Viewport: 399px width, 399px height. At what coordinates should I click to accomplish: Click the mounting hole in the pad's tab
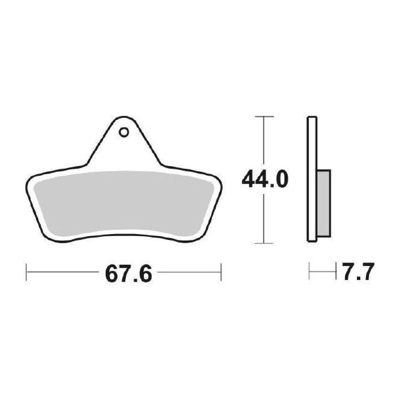124,132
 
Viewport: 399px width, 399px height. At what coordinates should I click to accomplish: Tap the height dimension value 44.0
265,179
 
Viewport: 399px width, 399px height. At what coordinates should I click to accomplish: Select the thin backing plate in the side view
312,179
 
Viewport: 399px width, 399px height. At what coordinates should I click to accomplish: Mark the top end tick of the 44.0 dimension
264,117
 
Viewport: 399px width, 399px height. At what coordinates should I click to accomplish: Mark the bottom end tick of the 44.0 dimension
264,243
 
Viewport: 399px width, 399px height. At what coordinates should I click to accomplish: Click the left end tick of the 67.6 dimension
26,272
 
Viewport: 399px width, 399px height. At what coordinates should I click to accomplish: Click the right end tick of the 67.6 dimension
221,272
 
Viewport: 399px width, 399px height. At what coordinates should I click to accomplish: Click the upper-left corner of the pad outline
29,179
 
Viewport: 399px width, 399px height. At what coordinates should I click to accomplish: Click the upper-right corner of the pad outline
219,179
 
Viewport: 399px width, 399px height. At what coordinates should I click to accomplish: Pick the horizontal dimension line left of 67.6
62,272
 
